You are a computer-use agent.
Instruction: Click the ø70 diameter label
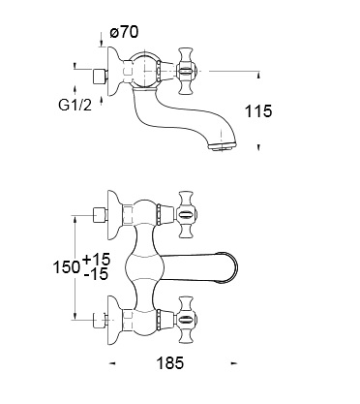[124, 32]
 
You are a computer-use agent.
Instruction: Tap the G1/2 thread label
[75, 105]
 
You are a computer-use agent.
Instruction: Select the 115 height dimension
[258, 111]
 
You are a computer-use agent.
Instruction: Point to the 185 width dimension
[170, 363]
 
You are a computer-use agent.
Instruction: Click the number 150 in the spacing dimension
[67, 266]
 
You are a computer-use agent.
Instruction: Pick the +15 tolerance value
[96, 260]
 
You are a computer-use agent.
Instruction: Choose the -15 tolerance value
[96, 274]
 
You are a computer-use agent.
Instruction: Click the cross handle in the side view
[186, 71]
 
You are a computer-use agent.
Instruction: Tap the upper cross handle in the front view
[186, 214]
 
